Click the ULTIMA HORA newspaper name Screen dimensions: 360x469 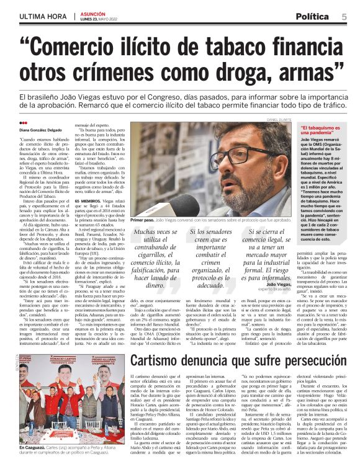[x=43, y=16]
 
